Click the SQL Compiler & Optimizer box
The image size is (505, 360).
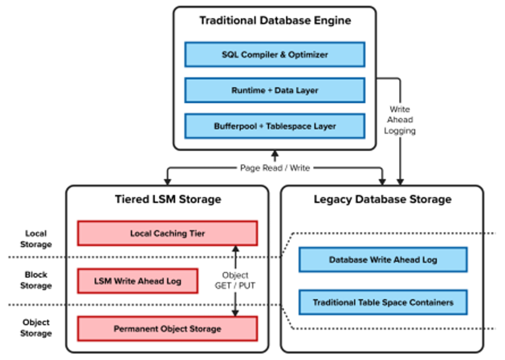(274, 55)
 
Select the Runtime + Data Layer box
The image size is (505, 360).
(274, 91)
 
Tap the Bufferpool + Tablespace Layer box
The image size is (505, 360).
(274, 126)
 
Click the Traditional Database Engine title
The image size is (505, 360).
(275, 21)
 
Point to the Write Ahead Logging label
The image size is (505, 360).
(400, 120)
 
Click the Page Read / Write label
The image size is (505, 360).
(275, 168)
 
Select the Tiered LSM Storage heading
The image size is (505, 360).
(167, 200)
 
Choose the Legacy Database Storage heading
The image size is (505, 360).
(382, 200)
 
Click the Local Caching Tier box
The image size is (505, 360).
(167, 234)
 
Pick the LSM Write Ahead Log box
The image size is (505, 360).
(137, 281)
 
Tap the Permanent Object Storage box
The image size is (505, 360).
(167, 329)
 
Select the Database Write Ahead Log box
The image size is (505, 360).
(382, 259)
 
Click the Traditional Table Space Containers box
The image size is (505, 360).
(382, 302)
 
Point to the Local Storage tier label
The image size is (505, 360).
(36, 239)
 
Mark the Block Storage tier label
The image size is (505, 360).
(36, 280)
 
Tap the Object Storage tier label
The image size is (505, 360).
(36, 328)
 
